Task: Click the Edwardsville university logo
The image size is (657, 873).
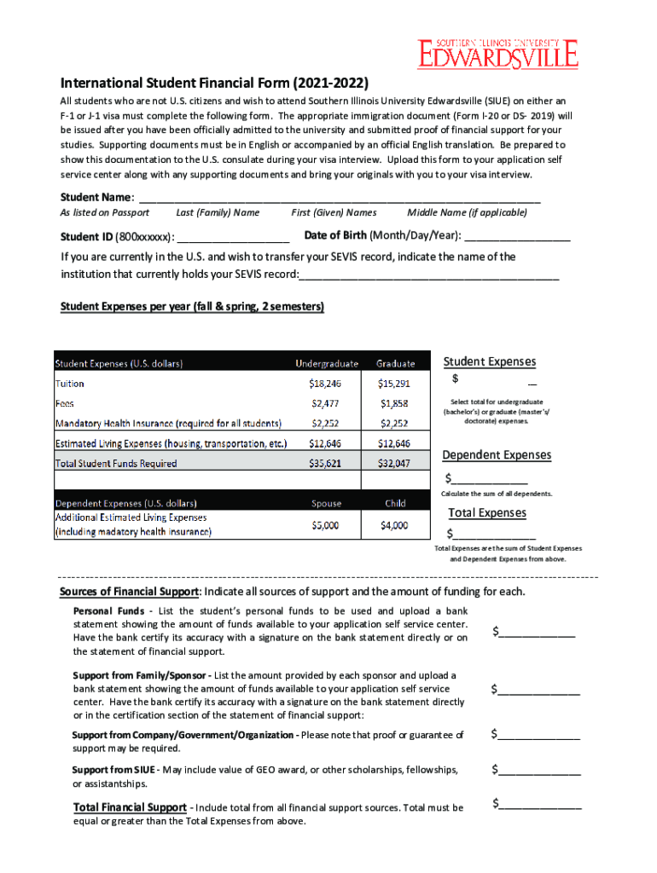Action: (497, 53)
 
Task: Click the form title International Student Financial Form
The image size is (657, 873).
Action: (214, 84)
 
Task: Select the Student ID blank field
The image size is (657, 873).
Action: (234, 237)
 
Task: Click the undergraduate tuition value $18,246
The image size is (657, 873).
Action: (326, 384)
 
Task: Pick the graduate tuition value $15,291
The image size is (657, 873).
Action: (394, 384)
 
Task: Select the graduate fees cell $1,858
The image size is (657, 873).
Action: (394, 403)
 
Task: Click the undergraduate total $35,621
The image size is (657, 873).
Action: (326, 464)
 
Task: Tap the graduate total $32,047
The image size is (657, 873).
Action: (394, 464)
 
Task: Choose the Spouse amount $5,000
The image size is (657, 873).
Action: (326, 525)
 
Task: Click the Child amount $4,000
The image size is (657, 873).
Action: (394, 525)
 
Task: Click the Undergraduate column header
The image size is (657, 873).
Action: (327, 363)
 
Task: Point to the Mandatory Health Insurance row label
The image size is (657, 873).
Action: (168, 423)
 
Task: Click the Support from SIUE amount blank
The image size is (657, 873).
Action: (540, 770)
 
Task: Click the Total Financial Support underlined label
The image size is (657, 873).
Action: (130, 807)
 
